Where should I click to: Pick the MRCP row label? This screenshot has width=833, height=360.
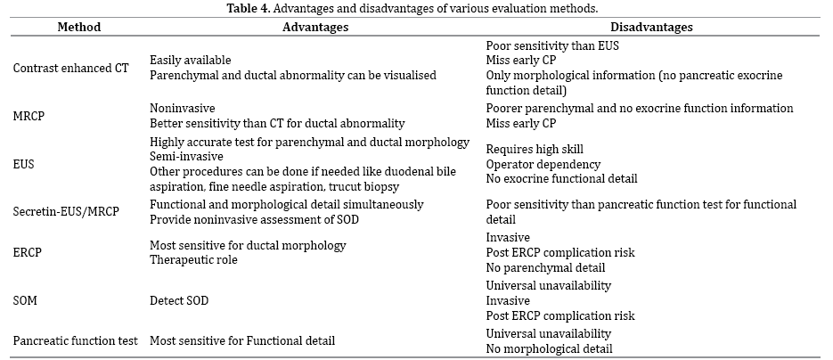tap(29, 115)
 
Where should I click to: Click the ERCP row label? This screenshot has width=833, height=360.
tap(27, 251)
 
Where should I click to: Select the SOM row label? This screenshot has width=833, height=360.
tap(26, 300)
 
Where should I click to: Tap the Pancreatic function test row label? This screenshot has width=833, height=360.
tap(74, 340)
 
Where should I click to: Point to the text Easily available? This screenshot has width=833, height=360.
tap(191, 60)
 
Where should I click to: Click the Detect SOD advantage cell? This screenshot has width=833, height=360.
tap(179, 300)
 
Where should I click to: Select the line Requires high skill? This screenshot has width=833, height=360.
tap(535, 149)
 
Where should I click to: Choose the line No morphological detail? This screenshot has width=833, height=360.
tap(550, 348)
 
